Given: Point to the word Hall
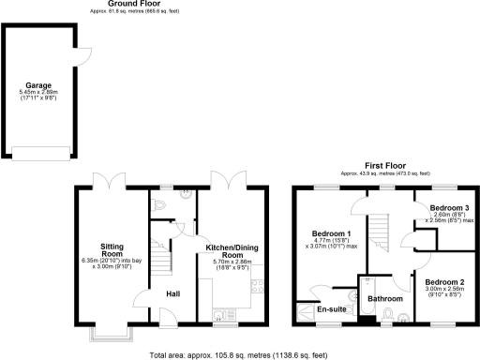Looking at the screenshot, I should (x=172, y=294).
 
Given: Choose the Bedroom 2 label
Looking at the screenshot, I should (x=444, y=281).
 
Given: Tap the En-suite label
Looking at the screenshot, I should (x=332, y=308).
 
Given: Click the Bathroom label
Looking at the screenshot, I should (x=384, y=299).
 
